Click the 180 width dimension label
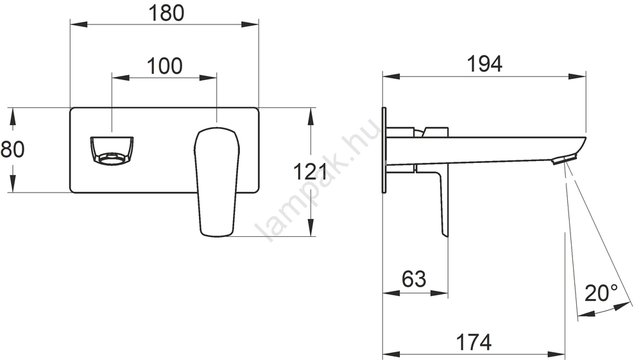(166, 13)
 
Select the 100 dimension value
(164, 66)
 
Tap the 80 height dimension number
(13, 149)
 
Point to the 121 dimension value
(311, 171)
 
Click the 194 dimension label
(484, 64)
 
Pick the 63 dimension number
(414, 279)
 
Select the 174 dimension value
(474, 342)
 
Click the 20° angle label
(601, 293)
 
